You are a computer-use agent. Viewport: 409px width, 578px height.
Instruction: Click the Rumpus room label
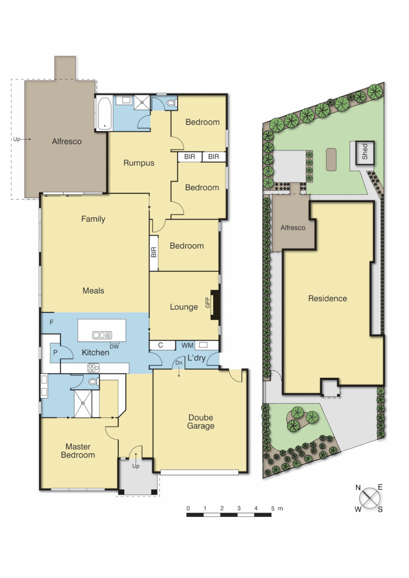[x=139, y=163]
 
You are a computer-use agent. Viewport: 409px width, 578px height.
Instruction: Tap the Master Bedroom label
[x=78, y=451]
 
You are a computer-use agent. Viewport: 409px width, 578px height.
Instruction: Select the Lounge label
[x=184, y=307]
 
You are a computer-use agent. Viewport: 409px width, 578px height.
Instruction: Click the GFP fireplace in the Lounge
[x=215, y=306]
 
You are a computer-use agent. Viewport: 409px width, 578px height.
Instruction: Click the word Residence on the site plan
[x=327, y=299]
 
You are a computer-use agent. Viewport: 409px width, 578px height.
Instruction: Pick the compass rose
[x=369, y=498]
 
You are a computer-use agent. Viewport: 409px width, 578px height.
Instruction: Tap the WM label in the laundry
[x=187, y=345]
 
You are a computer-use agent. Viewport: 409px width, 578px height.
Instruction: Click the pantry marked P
[x=55, y=354]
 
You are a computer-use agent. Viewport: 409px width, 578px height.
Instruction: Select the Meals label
[x=93, y=291]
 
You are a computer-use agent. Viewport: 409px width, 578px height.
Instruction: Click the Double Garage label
[x=200, y=422]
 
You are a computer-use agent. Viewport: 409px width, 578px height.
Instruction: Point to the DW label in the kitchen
[x=114, y=346]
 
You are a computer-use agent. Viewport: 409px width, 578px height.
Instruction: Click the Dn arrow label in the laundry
[x=178, y=364]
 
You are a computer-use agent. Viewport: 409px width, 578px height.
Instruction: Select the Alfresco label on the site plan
[x=293, y=227]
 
